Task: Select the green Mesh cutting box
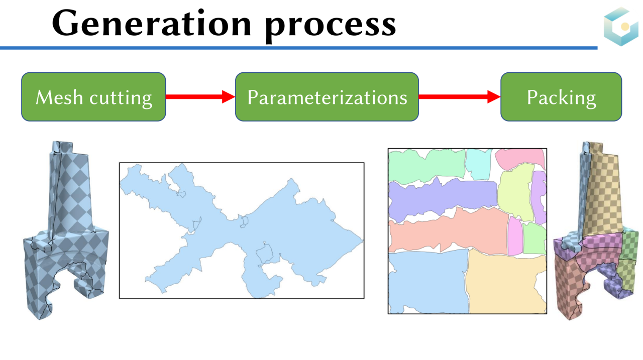pos(93,97)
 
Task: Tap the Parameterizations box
pos(327,97)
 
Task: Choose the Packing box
pos(561,97)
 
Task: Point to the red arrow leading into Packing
pos(459,97)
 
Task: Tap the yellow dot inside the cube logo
pos(625,26)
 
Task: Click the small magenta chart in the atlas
pos(515,236)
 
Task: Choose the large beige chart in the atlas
pos(506,284)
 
